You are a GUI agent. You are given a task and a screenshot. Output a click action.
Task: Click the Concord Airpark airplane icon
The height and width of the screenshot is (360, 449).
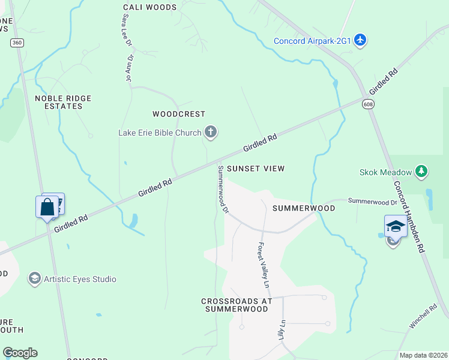(360, 40)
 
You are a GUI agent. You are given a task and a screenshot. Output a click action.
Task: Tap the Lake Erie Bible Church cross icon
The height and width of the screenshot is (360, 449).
(210, 131)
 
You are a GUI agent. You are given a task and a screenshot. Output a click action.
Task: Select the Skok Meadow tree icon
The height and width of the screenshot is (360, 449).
(421, 172)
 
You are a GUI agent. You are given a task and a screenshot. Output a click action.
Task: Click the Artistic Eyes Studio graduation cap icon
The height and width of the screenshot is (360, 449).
(35, 278)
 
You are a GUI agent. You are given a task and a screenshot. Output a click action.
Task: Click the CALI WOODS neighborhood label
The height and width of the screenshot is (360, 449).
(150, 7)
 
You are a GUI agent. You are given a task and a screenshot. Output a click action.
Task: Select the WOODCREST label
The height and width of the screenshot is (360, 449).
(179, 113)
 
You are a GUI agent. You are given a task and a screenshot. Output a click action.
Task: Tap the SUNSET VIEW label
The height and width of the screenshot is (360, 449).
(256, 169)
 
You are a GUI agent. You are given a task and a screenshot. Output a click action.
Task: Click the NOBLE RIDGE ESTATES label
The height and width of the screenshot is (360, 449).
(58, 102)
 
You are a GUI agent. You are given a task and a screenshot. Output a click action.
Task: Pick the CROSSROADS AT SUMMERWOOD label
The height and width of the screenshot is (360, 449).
(236, 305)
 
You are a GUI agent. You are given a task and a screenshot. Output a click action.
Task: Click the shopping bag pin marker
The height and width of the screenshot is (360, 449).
(47, 208)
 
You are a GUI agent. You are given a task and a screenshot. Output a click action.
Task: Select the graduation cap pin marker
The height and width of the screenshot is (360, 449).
(395, 226)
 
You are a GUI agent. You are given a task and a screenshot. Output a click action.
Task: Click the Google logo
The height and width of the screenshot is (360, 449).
(20, 353)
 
